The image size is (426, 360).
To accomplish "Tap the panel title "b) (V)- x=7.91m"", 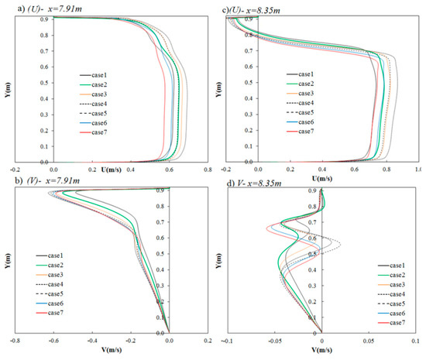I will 39,182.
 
